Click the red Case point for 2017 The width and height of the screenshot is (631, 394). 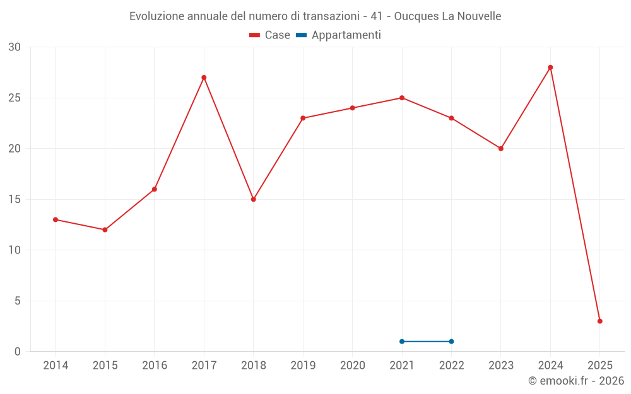[x=204, y=78]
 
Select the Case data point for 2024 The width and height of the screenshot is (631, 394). [x=550, y=67]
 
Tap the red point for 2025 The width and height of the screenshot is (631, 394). [x=599, y=321]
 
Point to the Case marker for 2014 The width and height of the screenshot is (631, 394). [x=56, y=219]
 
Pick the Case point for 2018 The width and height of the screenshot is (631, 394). [x=253, y=199]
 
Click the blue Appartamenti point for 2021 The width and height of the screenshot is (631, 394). [x=402, y=341]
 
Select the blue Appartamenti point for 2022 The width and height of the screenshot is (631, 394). [x=451, y=341]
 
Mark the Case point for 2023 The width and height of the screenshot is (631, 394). [x=501, y=149]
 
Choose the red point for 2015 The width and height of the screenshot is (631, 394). [x=105, y=229]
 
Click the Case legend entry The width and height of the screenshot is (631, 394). [x=270, y=35]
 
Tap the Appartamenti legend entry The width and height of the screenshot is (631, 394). [x=339, y=35]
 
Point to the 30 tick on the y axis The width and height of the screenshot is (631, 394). [x=15, y=47]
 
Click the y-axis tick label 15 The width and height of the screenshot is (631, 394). [x=15, y=199]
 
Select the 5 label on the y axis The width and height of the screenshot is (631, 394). [x=18, y=301]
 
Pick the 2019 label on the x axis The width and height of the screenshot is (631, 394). [x=303, y=365]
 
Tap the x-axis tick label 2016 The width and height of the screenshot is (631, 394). [x=155, y=365]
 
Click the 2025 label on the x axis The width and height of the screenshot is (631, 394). [x=599, y=365]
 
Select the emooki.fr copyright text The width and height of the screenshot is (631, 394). [x=575, y=381]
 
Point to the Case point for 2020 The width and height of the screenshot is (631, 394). [x=353, y=108]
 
